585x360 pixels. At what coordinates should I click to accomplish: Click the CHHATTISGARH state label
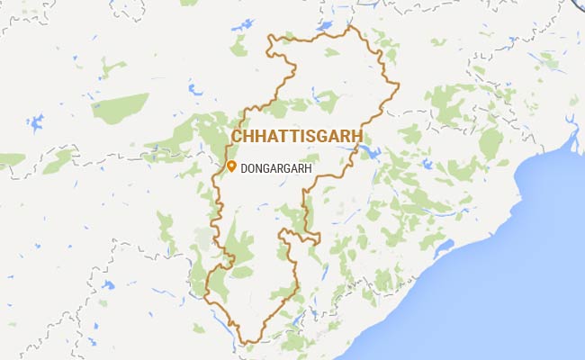[x=297, y=136]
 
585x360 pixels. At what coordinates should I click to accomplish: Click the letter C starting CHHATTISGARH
[x=238, y=136]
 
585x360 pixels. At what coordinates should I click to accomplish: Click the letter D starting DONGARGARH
[x=243, y=167]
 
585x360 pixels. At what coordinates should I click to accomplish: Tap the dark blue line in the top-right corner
[x=576, y=7]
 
